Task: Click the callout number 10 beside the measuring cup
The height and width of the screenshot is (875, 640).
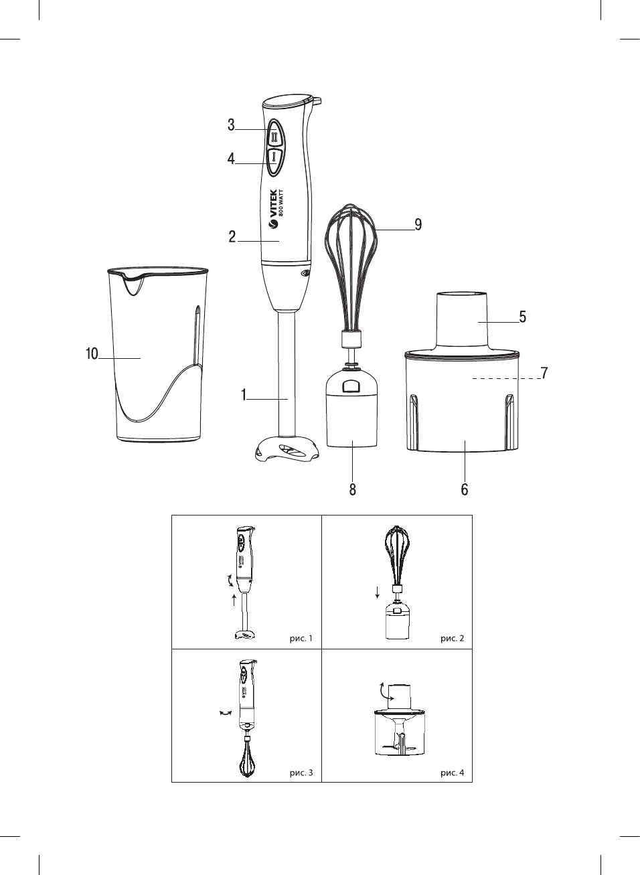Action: [x=92, y=354]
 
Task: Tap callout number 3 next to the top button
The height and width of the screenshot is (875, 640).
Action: [x=232, y=125]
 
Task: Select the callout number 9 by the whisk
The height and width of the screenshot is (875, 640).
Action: [x=418, y=225]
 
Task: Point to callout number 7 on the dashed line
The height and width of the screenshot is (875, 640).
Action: [x=544, y=373]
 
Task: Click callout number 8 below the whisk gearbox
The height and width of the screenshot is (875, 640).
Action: [x=352, y=489]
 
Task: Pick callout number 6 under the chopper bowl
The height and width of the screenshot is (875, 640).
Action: [x=465, y=489]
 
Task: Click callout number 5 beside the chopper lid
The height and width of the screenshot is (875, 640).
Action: [x=523, y=317]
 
